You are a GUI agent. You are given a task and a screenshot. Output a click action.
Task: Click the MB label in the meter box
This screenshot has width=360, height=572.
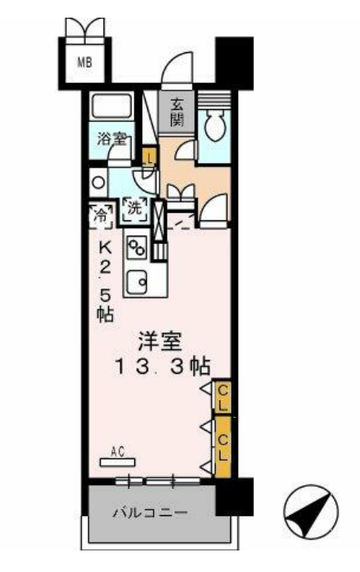[x=84, y=62]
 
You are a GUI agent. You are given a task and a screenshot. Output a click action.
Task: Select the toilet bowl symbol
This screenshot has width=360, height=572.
[x=214, y=126]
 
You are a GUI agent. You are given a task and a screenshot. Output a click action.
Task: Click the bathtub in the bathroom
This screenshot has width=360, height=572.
[x=111, y=105]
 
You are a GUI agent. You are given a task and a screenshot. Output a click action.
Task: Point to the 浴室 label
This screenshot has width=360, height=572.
[x=111, y=139]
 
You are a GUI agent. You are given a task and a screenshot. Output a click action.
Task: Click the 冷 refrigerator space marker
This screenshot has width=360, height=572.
[x=101, y=216]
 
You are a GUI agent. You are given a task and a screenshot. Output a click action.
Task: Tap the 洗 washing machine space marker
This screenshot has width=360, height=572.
[x=134, y=210]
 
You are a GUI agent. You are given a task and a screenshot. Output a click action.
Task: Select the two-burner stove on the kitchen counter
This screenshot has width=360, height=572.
[x=137, y=247]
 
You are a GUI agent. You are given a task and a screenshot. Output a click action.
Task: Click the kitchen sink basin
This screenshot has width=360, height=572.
[x=137, y=282]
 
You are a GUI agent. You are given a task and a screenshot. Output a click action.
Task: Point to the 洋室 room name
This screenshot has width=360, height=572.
[x=160, y=341]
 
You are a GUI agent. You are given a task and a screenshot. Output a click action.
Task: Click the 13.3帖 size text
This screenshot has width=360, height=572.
[x=163, y=367]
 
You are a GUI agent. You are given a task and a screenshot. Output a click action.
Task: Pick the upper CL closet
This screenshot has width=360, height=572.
[x=223, y=396]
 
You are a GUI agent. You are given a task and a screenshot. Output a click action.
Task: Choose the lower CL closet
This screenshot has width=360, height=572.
[x=223, y=448]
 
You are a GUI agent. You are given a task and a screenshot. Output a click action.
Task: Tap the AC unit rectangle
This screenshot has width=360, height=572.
[x=117, y=462]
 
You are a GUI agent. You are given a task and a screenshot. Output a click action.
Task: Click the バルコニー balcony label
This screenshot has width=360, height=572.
[x=150, y=513]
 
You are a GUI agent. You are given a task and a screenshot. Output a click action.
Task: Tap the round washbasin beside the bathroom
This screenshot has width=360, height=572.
[x=98, y=183]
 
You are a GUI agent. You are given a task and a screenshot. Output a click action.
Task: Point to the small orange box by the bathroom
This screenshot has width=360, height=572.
[x=150, y=157]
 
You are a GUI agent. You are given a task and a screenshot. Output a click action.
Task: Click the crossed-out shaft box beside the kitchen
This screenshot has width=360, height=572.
[x=159, y=221]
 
